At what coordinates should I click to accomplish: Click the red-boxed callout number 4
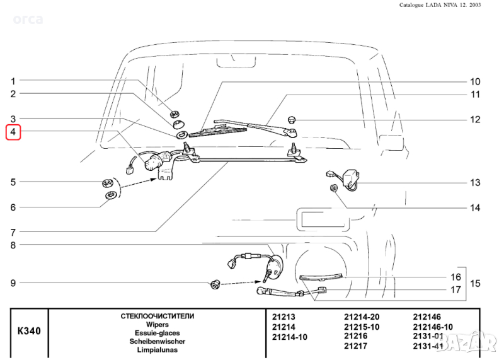pos(13,132)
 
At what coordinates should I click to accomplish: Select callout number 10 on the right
pos(474,82)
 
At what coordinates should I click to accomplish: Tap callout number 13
pos(474,183)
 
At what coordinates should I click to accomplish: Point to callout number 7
pos(13,232)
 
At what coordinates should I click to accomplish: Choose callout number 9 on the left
pos(13,283)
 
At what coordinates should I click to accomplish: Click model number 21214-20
pos(361,317)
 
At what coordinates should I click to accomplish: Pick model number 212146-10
pos(433,327)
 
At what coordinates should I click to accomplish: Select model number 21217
pos(355,345)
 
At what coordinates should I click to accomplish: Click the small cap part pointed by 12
pos(292,119)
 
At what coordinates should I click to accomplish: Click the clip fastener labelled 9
pos(215,284)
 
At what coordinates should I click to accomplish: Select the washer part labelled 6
pos(109,195)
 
